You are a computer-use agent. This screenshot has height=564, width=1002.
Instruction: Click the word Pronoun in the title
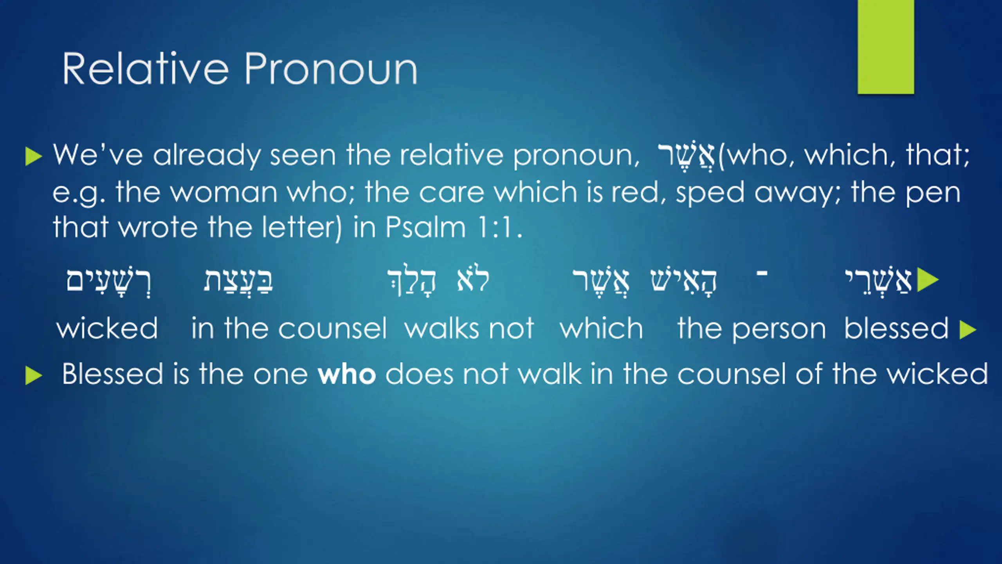[x=331, y=69]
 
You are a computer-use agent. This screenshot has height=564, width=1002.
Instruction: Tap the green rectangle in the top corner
[x=886, y=47]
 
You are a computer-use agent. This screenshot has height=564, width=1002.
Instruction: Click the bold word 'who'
[x=347, y=374]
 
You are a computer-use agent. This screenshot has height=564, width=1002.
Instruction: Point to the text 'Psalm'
[x=425, y=227]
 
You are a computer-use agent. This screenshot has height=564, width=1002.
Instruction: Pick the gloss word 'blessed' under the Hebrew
[x=896, y=328]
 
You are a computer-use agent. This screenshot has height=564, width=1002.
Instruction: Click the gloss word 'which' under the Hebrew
[x=602, y=328]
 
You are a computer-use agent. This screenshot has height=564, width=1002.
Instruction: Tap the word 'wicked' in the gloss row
[x=107, y=328]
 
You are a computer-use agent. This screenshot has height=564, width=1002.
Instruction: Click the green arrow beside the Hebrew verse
[x=928, y=280]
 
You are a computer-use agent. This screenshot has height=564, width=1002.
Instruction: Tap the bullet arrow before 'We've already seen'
[x=33, y=157]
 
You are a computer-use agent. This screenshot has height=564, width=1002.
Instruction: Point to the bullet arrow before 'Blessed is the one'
[x=33, y=376]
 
